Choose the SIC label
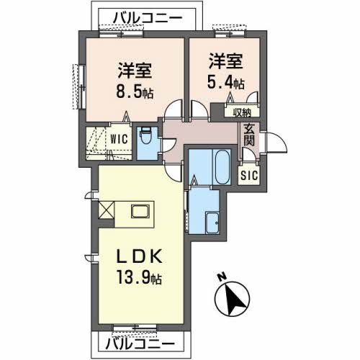pos(247,174)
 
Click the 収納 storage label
pos(241,112)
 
